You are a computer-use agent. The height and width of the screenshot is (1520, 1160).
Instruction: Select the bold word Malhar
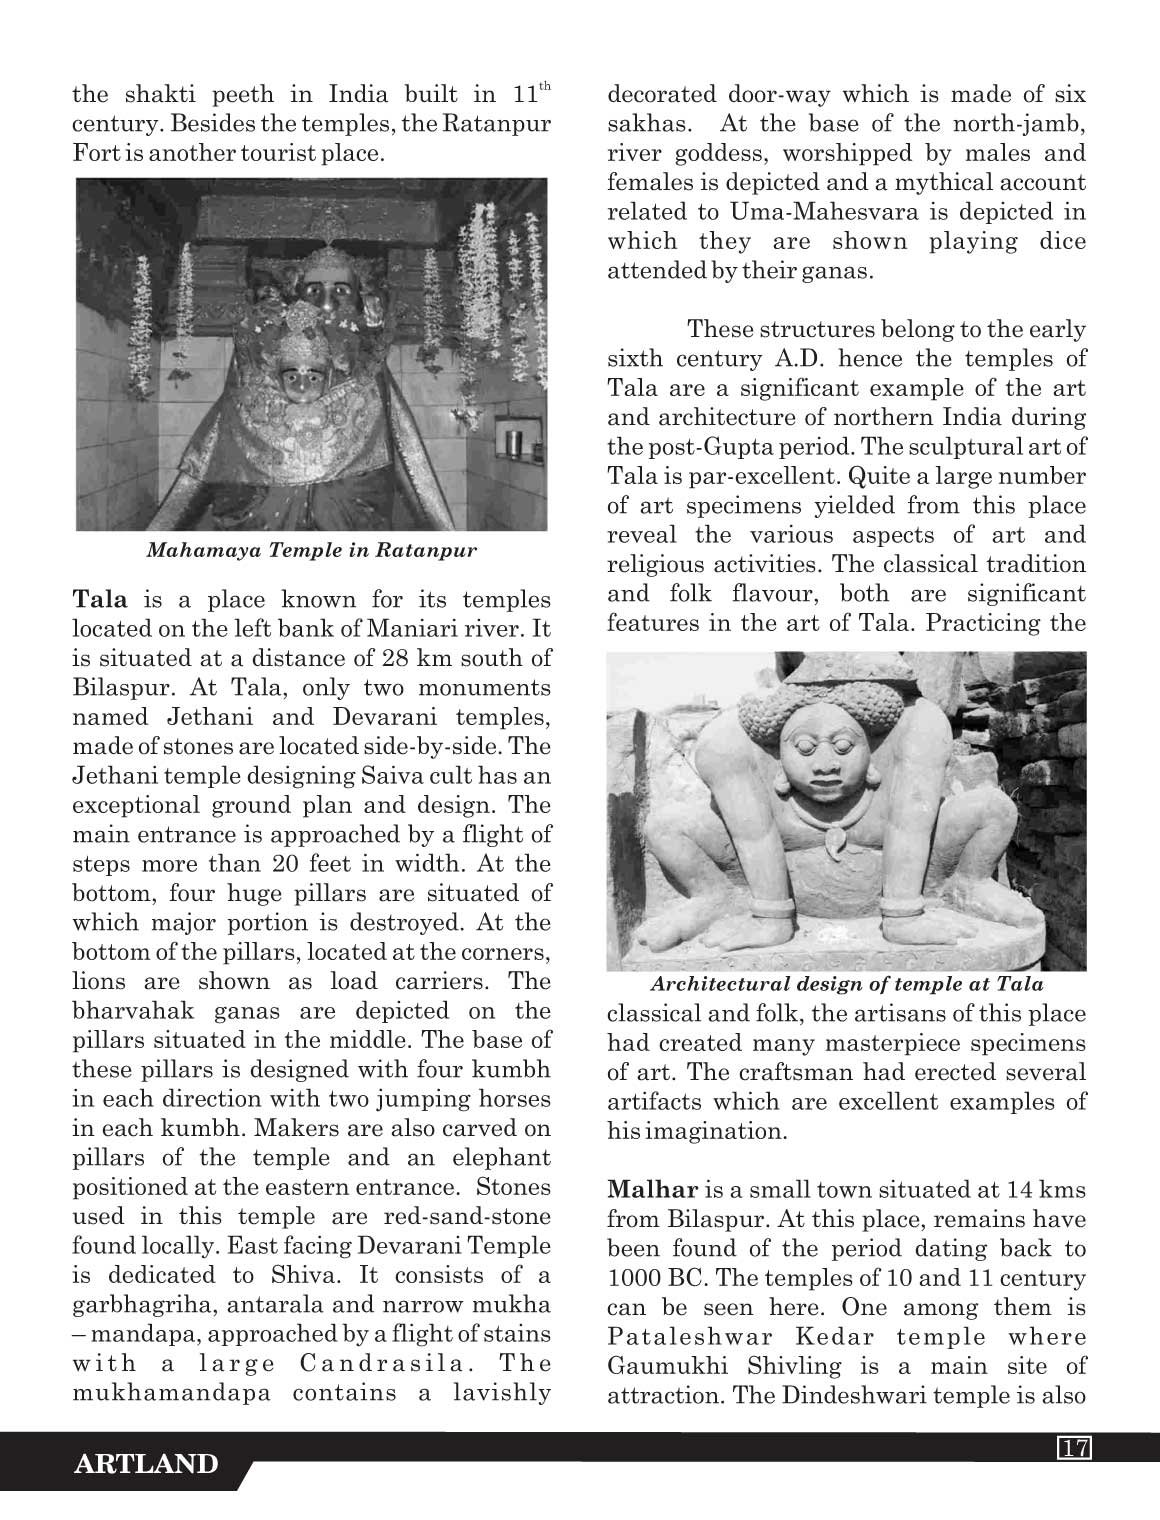[652, 1190]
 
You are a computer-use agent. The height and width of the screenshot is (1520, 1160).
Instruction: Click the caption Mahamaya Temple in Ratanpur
[311, 549]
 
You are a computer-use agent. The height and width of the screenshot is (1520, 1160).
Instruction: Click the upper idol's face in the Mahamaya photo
[322, 291]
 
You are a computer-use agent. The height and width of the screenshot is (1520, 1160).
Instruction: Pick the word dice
[1060, 241]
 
